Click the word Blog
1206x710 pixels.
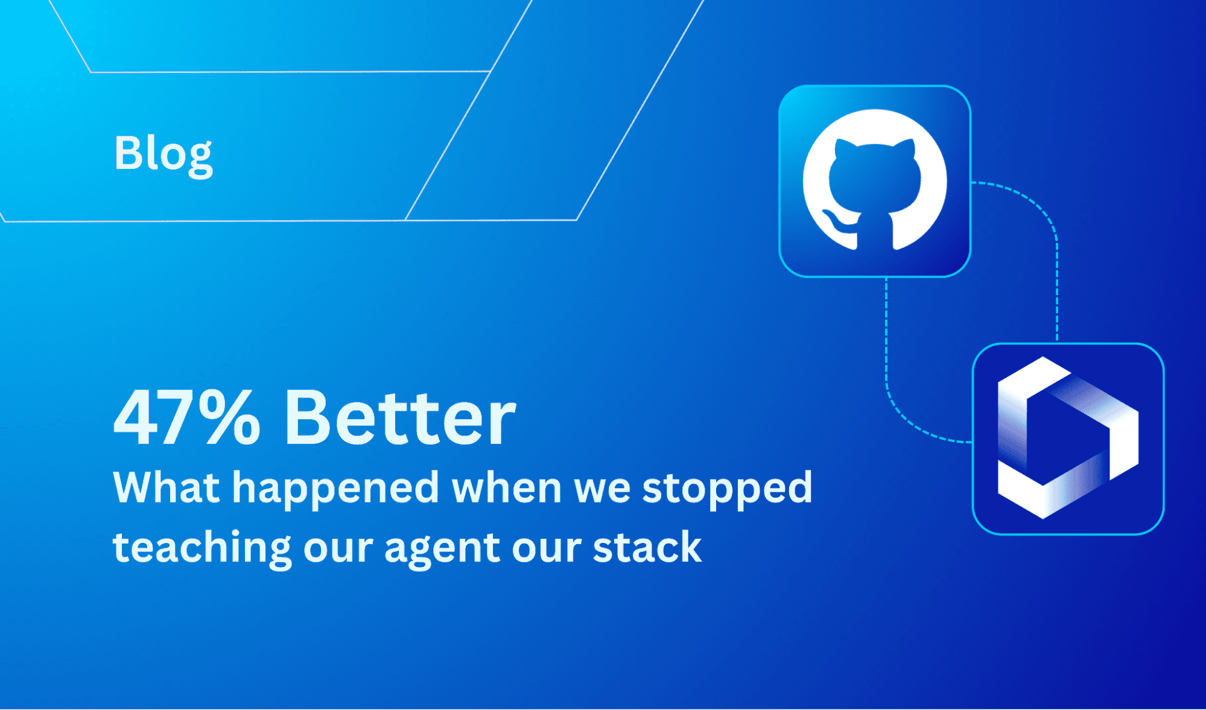click(163, 153)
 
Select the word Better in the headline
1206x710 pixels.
click(400, 417)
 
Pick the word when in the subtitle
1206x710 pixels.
click(507, 487)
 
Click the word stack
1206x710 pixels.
click(647, 547)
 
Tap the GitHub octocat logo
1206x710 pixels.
click(875, 180)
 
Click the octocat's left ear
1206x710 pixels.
click(844, 148)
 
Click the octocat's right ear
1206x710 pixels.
click(905, 148)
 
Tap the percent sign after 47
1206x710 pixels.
click(230, 417)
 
